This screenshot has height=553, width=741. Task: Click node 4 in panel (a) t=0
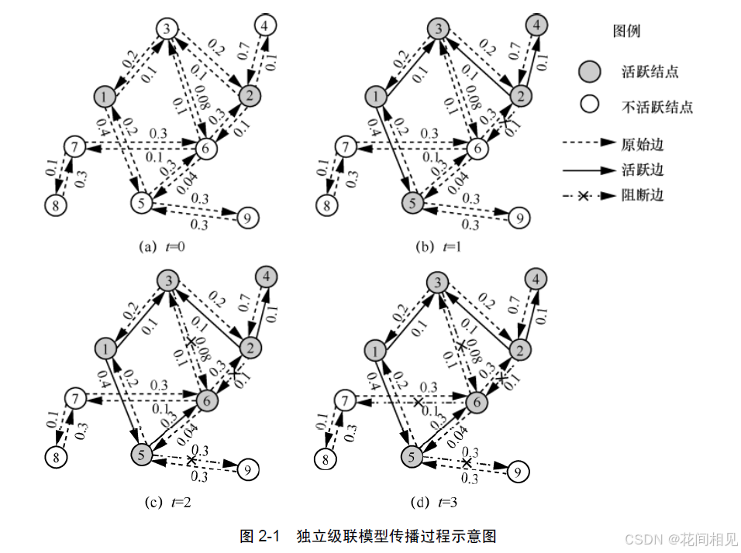(264, 26)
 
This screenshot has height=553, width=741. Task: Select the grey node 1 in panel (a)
(105, 96)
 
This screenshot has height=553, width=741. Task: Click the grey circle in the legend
(589, 72)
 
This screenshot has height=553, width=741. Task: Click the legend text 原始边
(643, 144)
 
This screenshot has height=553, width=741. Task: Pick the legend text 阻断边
(643, 195)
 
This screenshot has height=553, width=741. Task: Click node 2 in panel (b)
(521, 96)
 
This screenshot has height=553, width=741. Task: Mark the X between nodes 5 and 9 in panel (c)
(191, 460)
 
